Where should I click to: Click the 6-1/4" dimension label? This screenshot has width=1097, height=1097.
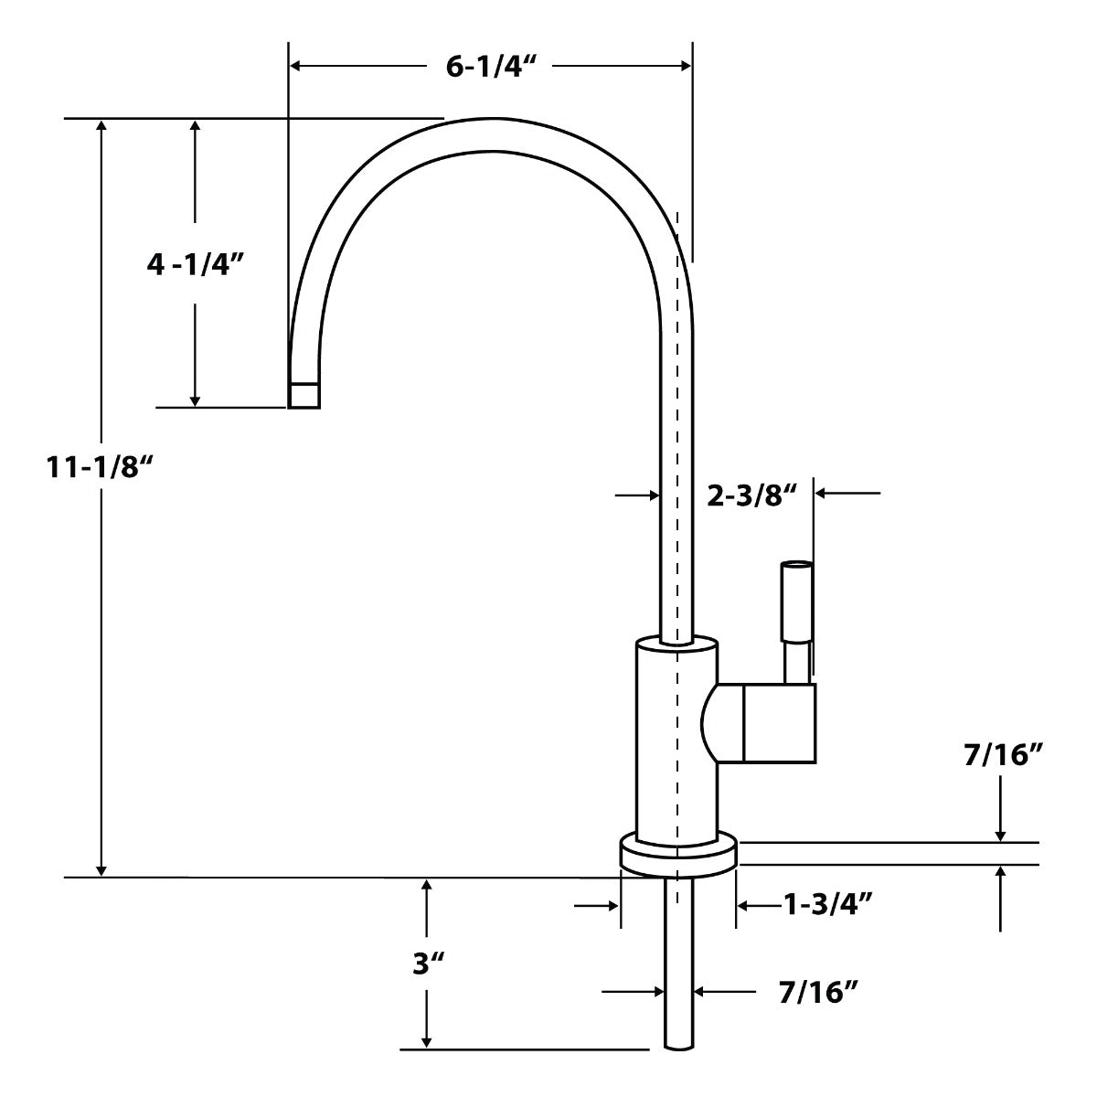489,69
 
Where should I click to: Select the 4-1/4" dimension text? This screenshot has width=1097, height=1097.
197,265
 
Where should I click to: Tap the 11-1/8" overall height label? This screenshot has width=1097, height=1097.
99,467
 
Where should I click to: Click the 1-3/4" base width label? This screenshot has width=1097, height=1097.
826,905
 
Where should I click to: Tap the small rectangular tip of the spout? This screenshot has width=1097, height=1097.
305,394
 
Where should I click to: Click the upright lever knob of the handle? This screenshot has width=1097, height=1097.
795,603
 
